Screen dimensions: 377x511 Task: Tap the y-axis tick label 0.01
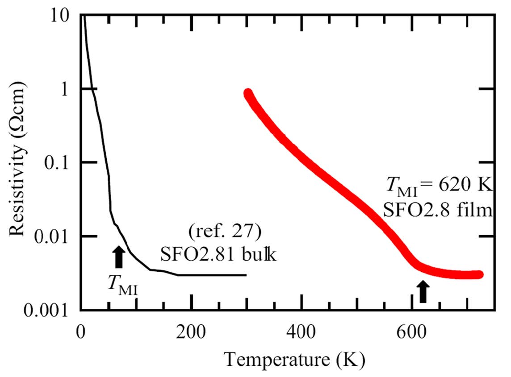pyautogui.click(x=54, y=236)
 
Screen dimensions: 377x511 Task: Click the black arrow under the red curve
pyautogui.click(x=423, y=292)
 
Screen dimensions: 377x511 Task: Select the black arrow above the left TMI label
pyautogui.click(x=118, y=257)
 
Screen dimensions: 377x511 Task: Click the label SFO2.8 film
pyautogui.click(x=437, y=209)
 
